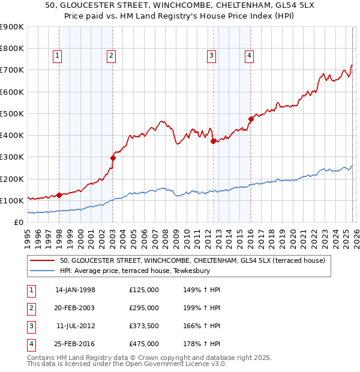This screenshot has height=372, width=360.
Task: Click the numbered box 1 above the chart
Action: click(x=57, y=56)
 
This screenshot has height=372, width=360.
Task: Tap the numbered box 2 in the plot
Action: click(x=112, y=56)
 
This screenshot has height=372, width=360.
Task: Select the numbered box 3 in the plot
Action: click(x=212, y=56)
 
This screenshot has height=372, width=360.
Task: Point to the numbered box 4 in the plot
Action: click(x=248, y=56)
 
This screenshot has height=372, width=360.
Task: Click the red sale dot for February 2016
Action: click(x=251, y=119)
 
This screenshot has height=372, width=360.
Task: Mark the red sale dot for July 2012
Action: click(x=213, y=141)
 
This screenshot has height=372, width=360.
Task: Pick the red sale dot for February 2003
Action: click(x=113, y=158)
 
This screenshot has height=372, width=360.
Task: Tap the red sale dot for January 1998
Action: click(x=59, y=195)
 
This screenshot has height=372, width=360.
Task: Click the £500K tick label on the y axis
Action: click(x=11, y=113)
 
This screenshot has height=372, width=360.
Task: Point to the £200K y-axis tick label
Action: click(x=11, y=179)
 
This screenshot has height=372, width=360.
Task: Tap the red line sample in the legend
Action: click(x=43, y=261)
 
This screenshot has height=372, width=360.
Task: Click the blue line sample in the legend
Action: click(x=43, y=271)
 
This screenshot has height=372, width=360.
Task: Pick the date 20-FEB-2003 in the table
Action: click(x=75, y=308)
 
